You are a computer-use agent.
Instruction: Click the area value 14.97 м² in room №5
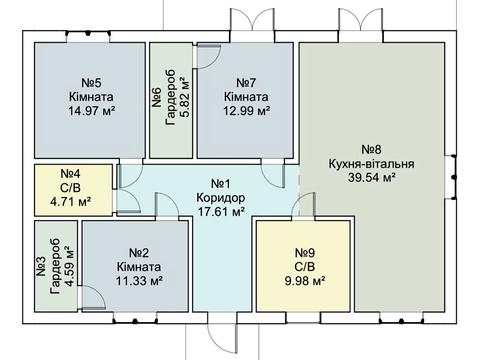[x=92, y=110]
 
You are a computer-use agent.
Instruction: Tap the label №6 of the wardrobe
[x=157, y=97]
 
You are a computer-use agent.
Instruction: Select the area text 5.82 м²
[x=184, y=97]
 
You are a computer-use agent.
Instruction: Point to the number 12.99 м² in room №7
[x=246, y=110]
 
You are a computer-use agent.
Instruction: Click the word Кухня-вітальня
[x=372, y=164]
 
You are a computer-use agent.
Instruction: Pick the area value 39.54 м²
[x=372, y=177]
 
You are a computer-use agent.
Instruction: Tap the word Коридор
[x=221, y=197]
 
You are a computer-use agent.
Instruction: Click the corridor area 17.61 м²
[x=221, y=211]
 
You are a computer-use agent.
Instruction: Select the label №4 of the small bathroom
[x=70, y=173]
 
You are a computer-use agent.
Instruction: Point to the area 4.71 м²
[x=71, y=201]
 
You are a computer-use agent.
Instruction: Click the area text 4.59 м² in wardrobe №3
[x=69, y=266]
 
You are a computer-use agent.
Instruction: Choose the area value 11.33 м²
[x=139, y=281]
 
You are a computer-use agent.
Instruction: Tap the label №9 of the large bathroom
[x=305, y=253]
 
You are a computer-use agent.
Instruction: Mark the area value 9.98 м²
[x=305, y=281]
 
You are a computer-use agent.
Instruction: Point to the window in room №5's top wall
[x=88, y=34]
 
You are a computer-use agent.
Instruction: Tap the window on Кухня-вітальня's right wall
[x=452, y=177]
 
